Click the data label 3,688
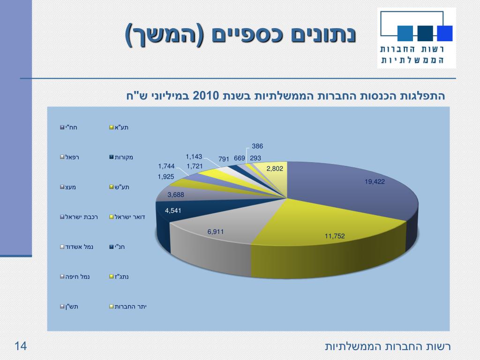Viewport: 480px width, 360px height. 176,194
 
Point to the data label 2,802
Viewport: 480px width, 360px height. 275,168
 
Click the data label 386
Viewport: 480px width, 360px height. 257,146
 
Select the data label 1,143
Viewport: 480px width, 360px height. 194,157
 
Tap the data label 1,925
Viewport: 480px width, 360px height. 166,176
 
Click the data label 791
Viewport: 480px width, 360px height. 224,159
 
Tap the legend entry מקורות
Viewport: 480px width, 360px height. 124,157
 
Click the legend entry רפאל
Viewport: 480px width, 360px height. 72,157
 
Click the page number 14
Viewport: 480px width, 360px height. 21,346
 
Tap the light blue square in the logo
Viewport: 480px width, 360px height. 405,33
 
